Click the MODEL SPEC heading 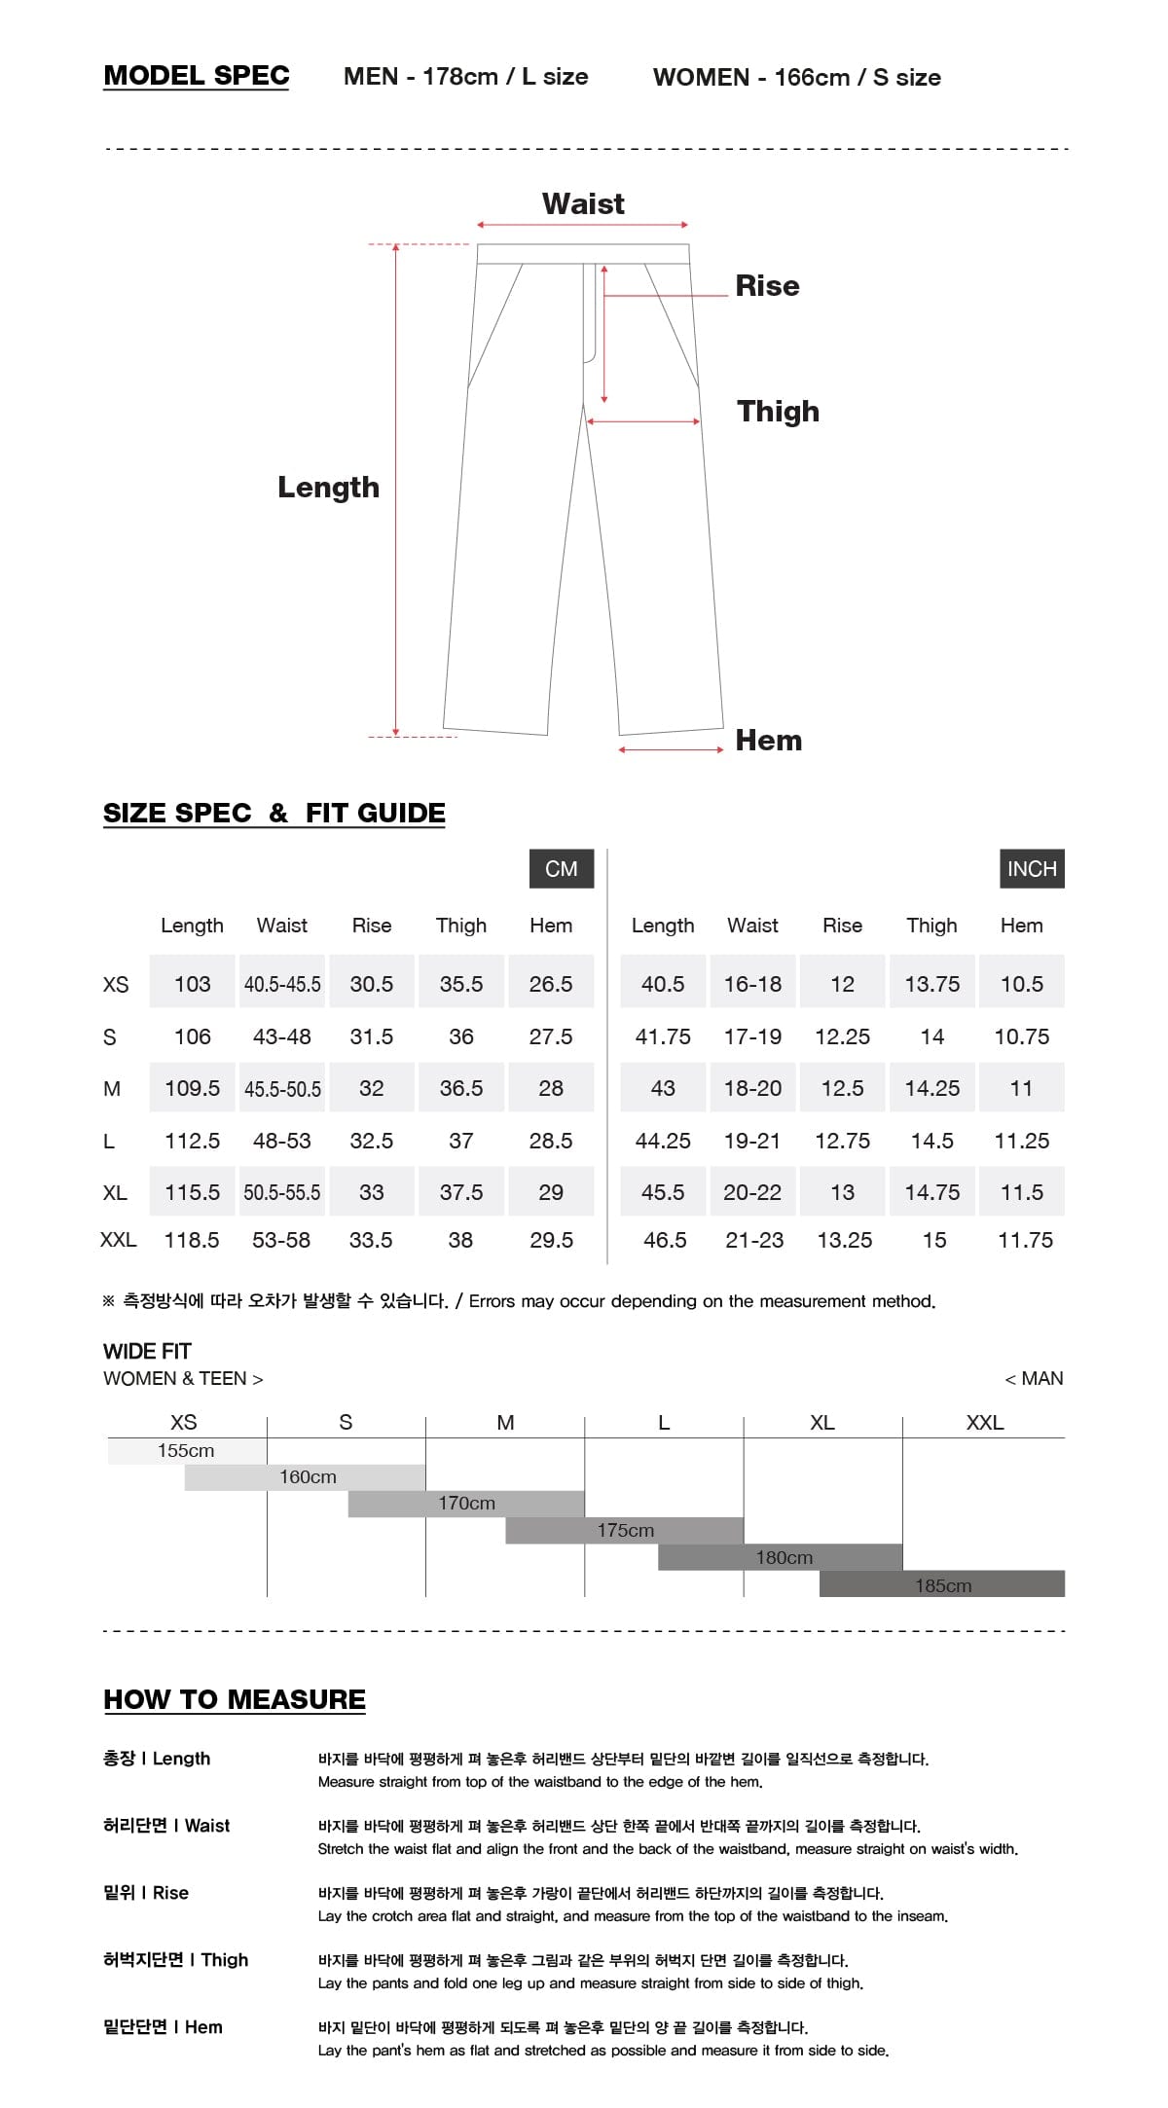(197, 76)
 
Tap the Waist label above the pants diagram (583, 203)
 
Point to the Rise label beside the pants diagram (767, 286)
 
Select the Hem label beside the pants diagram (768, 741)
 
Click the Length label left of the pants (328, 487)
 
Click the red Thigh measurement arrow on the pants (643, 421)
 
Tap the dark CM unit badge (561, 868)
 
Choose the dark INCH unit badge (1032, 868)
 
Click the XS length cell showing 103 (192, 984)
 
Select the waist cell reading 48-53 (281, 1141)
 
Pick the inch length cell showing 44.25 (663, 1141)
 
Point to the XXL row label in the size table (118, 1240)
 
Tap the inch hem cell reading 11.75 (1025, 1240)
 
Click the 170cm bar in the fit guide (466, 1504)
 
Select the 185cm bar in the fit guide (942, 1585)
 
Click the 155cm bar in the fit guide (186, 1451)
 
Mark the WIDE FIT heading (147, 1351)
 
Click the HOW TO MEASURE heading (235, 1699)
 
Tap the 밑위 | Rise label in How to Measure (146, 1892)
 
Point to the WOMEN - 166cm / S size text (796, 77)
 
